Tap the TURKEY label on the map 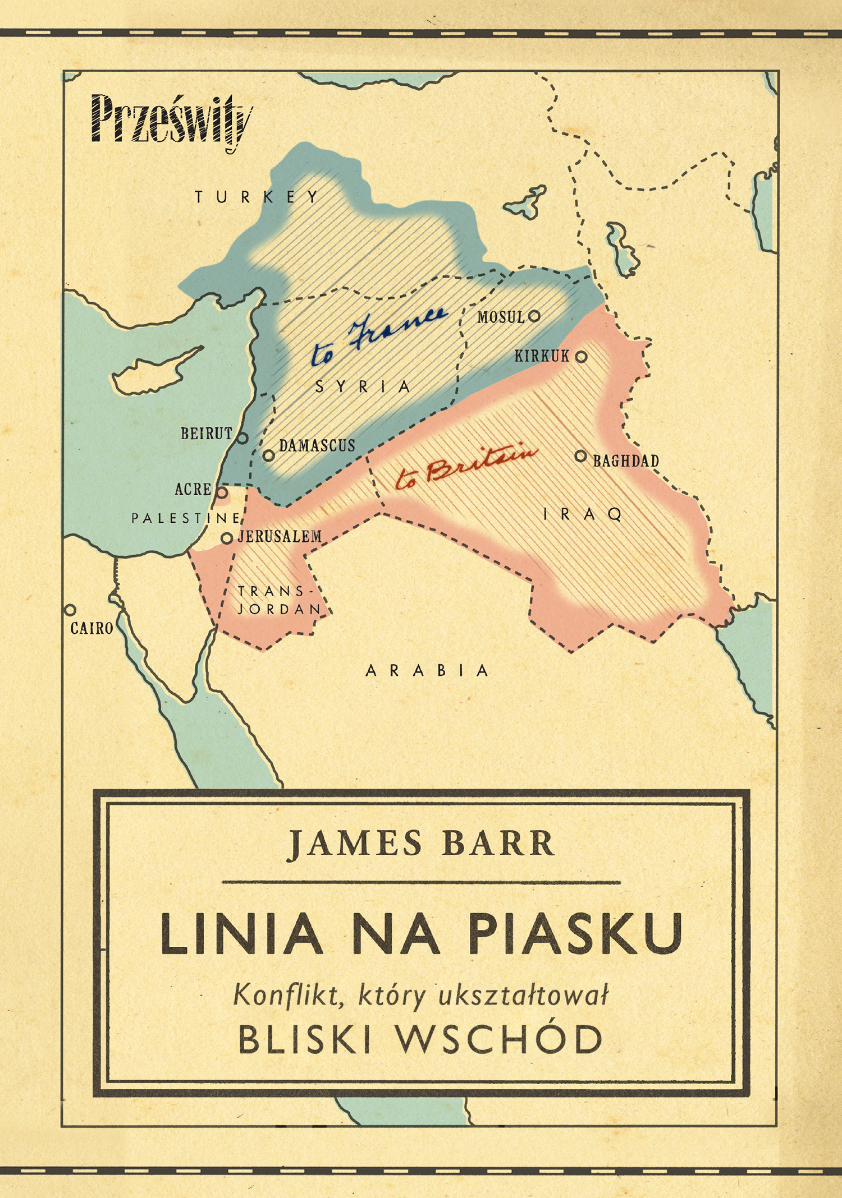pyautogui.click(x=257, y=197)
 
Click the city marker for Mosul pyautogui.click(x=534, y=316)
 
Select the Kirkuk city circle pyautogui.click(x=582, y=356)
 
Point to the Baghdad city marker pyautogui.click(x=580, y=456)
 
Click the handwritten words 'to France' pyautogui.click(x=379, y=336)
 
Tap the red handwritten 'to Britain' pyautogui.click(x=466, y=467)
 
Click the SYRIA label pyautogui.click(x=363, y=386)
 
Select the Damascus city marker pyautogui.click(x=269, y=455)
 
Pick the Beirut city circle pyautogui.click(x=242, y=438)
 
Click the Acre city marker pyautogui.click(x=222, y=493)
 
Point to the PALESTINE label pyautogui.click(x=186, y=518)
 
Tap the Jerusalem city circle pyautogui.click(x=227, y=538)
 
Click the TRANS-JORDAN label pyautogui.click(x=279, y=600)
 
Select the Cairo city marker pyautogui.click(x=70, y=610)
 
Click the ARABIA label pyautogui.click(x=427, y=671)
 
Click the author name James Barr pyautogui.click(x=421, y=844)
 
